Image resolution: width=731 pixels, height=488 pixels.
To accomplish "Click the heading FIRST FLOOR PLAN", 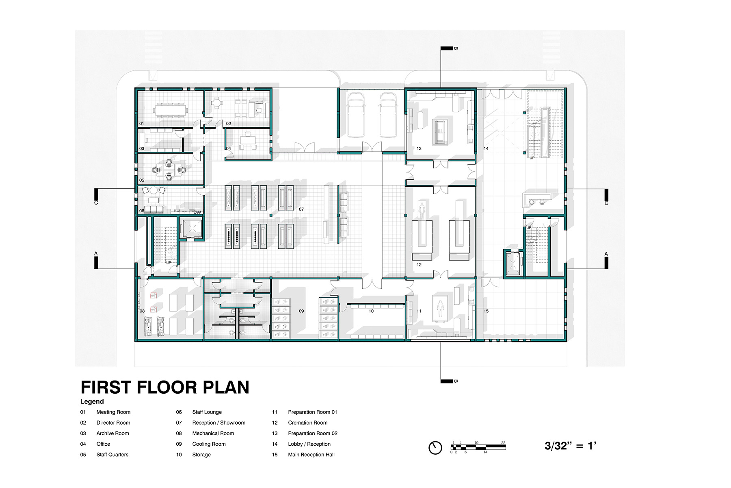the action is pyautogui.click(x=165, y=387).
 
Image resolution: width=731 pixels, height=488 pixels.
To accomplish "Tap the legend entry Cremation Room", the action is pyautogui.click(x=308, y=423).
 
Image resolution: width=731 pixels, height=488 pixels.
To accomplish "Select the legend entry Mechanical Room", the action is pyautogui.click(x=213, y=433).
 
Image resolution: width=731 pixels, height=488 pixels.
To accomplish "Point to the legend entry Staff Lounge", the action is pyautogui.click(x=207, y=412).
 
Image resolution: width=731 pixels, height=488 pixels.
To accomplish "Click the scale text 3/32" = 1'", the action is pyautogui.click(x=571, y=446).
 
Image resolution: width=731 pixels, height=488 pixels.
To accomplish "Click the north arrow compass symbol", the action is pyautogui.click(x=435, y=448).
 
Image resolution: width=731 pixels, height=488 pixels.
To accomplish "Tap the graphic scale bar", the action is pyautogui.click(x=478, y=447).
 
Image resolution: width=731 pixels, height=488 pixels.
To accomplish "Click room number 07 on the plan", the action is pyautogui.click(x=301, y=209).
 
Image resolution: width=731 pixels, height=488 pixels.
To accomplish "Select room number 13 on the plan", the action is pyautogui.click(x=419, y=148).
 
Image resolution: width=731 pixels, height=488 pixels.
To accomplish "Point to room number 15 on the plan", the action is pyautogui.click(x=486, y=311).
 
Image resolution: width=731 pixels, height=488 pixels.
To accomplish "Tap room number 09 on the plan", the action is pyautogui.click(x=301, y=311).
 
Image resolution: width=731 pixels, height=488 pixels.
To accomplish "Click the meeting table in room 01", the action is pyautogui.click(x=170, y=109).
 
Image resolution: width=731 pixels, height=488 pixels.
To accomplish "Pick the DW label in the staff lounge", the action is pyautogui.click(x=197, y=212).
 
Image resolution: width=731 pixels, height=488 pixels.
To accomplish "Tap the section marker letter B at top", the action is pyautogui.click(x=456, y=48).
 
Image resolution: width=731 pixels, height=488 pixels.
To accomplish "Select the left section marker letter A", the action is pyautogui.click(x=96, y=254).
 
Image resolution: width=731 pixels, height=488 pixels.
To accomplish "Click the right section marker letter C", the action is pyautogui.click(x=606, y=203).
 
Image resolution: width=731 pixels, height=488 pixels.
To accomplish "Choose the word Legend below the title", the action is pyautogui.click(x=92, y=401).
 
